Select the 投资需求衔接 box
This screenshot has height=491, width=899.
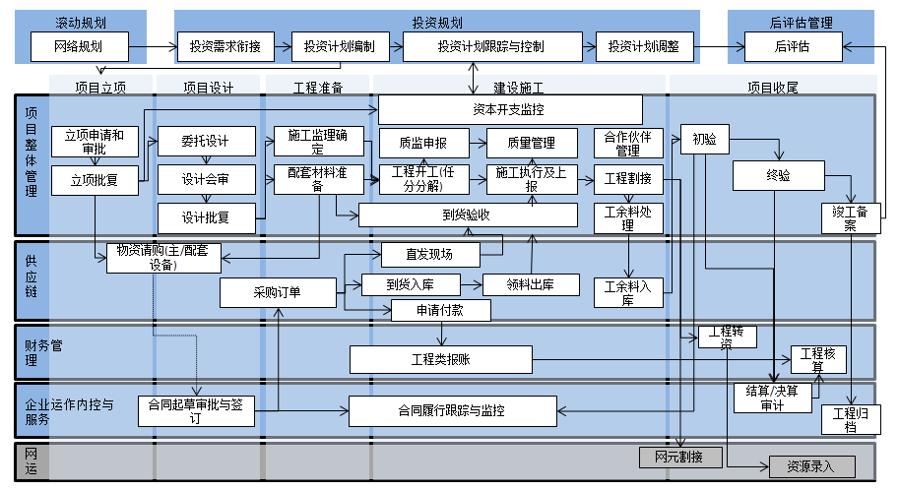tap(225, 46)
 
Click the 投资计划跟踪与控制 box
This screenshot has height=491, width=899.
tap(489, 46)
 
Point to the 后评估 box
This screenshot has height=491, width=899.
tap(792, 46)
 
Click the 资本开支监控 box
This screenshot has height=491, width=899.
tap(510, 109)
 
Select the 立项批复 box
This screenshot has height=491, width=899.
tap(95, 180)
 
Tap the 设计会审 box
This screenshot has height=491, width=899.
tap(205, 180)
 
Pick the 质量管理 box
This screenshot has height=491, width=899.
tap(532, 144)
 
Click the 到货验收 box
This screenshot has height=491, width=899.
tap(467, 215)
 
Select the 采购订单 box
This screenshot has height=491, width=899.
tap(278, 292)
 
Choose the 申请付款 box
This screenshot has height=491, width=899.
tap(440, 310)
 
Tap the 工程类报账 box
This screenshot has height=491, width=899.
tap(440, 359)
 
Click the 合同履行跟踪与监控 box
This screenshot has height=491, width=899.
tap(452, 410)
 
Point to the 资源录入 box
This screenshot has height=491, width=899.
tap(809, 466)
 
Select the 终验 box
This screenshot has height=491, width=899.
tap(778, 176)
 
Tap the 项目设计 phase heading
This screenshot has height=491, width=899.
tap(208, 88)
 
